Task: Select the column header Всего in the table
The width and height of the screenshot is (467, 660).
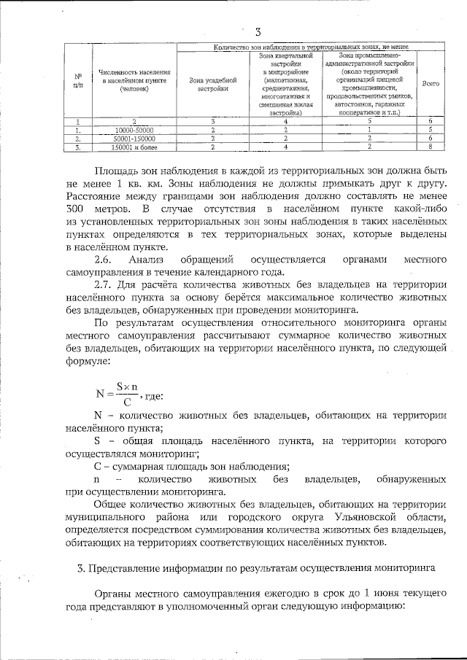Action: point(431,84)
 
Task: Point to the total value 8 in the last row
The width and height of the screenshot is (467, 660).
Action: point(431,145)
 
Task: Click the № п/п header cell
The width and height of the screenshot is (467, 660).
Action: point(77,80)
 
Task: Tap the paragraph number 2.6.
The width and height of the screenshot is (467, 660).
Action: point(105,259)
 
